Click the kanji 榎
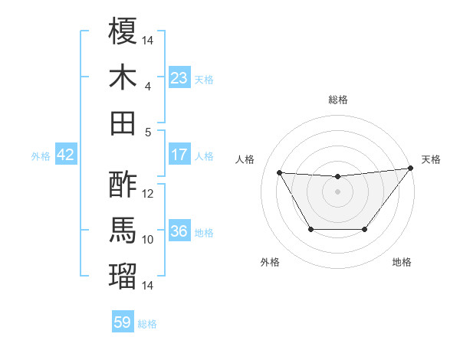pos(123,32)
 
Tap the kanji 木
pos(123,77)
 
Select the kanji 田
pos(123,123)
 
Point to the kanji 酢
pos(123,186)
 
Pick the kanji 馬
pos(123,231)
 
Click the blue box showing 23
pos(179,77)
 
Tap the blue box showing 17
pos(179,155)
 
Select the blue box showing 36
pos(179,231)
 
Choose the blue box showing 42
pos(66,155)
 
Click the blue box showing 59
pos(123,322)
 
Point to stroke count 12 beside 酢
pos(148,194)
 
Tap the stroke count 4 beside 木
pos(148,87)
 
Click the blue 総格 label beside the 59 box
pos(147,324)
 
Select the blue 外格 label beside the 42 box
pos(41,156)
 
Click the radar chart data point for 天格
pos(410,169)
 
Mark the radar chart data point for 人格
pos(279,172)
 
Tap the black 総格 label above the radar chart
pos(338,100)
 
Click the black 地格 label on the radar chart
pos(402,263)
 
